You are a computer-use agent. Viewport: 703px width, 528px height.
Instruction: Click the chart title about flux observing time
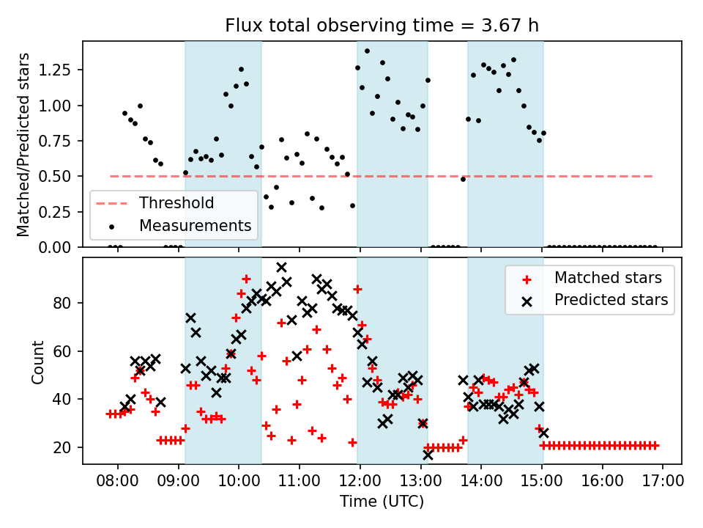coord(382,26)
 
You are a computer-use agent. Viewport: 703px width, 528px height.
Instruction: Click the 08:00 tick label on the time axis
coord(117,482)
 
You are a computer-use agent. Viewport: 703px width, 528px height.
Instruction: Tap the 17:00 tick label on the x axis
coord(663,482)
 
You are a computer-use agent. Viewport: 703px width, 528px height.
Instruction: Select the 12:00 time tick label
coord(360,482)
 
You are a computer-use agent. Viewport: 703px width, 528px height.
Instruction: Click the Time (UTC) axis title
coord(382,502)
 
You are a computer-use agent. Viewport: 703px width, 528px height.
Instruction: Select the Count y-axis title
coord(37,362)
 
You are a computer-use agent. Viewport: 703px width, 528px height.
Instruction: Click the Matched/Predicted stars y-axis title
coord(23,144)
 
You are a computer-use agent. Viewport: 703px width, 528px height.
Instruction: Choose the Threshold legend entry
coord(176,203)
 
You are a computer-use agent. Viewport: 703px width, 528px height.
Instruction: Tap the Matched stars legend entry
coord(608,278)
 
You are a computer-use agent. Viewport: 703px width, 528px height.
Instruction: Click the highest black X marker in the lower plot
coord(281,267)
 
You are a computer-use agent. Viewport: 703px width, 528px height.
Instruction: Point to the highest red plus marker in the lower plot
coord(246,279)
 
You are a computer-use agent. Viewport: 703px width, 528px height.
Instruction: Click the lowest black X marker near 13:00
coord(428,455)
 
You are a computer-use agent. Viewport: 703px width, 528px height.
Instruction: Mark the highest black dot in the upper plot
coord(367,51)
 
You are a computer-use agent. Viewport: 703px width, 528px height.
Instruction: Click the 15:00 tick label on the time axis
coord(541,482)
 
